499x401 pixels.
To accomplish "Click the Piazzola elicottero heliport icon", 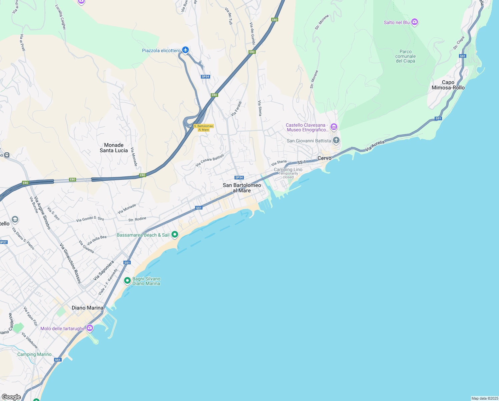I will click(x=185, y=50).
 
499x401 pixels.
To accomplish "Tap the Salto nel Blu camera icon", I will click(x=415, y=22).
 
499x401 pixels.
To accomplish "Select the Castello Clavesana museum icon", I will click(x=334, y=127).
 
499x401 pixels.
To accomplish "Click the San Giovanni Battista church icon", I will click(x=336, y=140).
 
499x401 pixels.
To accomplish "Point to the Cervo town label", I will click(x=324, y=158).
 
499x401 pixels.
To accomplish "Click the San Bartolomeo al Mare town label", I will click(x=242, y=188).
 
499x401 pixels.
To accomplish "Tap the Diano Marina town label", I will click(x=87, y=308).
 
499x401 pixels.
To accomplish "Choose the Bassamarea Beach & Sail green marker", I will click(x=175, y=235).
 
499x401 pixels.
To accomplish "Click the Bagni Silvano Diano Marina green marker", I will click(x=127, y=281).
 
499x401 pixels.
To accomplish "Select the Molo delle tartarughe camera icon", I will click(x=89, y=328).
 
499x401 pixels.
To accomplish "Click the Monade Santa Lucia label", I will click(x=114, y=148).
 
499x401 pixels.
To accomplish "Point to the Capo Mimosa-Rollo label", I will click(x=448, y=85).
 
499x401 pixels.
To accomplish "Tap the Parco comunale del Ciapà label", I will click(x=405, y=56).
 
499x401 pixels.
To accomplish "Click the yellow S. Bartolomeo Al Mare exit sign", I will click(x=203, y=128).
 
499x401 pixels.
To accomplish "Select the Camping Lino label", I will click(x=288, y=169).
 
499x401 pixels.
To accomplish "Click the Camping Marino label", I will click(x=34, y=354).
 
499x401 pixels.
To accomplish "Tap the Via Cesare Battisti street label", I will click(x=209, y=160).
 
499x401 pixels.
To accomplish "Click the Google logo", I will click(x=11, y=397).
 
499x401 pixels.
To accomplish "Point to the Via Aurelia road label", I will click(x=375, y=146).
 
